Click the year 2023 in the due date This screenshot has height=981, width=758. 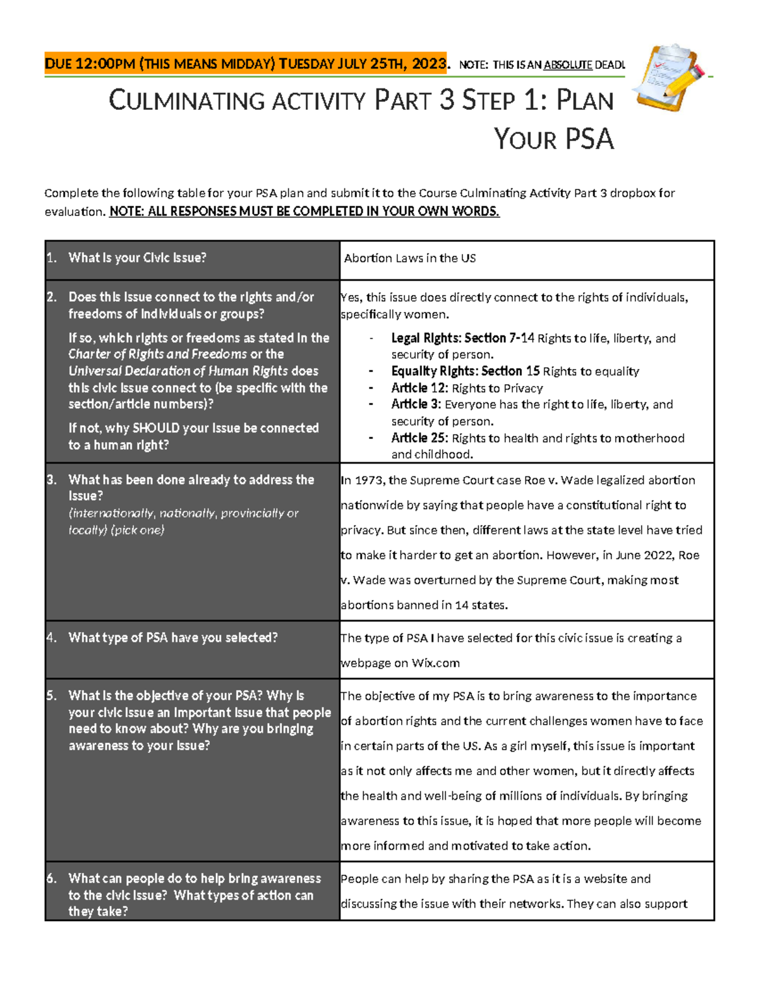click(x=428, y=64)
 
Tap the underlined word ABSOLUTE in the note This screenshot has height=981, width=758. click(x=567, y=64)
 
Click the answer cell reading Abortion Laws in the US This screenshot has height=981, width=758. click(x=410, y=258)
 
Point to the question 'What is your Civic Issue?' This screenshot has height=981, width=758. click(x=137, y=258)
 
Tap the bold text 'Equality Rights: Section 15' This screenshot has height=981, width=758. click(x=465, y=371)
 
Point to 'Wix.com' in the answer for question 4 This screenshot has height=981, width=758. click(x=435, y=663)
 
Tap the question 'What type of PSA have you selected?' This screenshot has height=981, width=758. click(x=172, y=638)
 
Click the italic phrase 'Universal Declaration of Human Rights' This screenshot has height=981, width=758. click(x=178, y=371)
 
